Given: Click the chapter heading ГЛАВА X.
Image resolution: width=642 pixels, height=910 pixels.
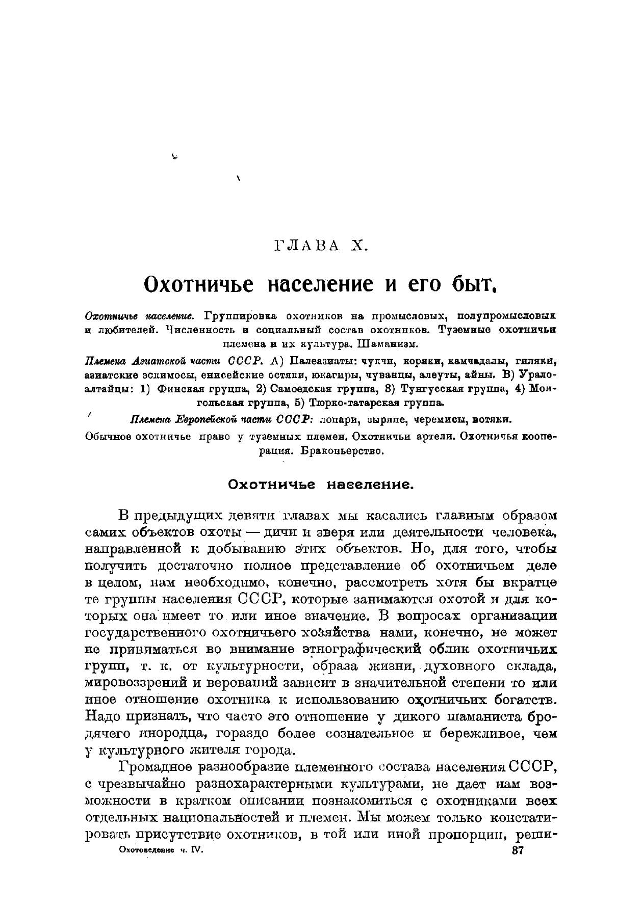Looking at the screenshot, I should click(321, 246).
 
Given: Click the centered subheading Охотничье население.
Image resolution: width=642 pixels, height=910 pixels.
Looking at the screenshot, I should click(321, 485).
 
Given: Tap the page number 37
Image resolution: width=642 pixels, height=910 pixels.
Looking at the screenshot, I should click(518, 850).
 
